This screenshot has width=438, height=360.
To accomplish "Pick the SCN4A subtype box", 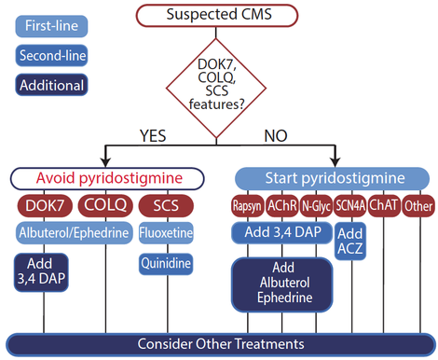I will (x=350, y=206).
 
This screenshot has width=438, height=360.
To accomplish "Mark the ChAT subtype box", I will (x=384, y=205).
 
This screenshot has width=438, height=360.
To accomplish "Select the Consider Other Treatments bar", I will (x=220, y=343).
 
